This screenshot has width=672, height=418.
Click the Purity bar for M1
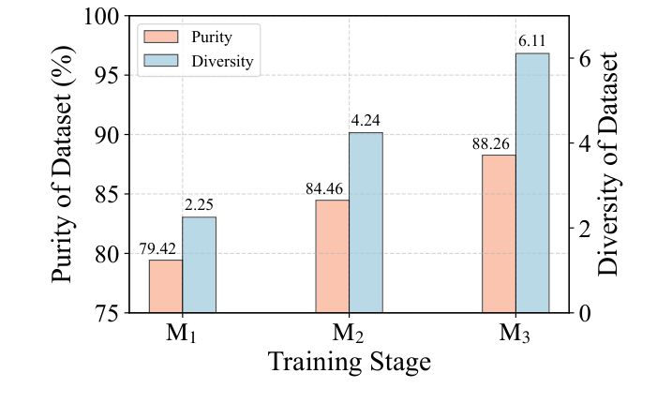point(166,286)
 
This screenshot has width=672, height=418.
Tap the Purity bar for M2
point(332,256)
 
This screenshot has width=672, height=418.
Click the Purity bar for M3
point(499,233)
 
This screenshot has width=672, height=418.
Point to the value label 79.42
point(158,249)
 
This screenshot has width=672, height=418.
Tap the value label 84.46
point(325,189)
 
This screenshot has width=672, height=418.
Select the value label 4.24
point(366,121)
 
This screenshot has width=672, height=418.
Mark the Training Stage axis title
point(349,363)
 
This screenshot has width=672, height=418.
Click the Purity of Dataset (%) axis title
point(63,164)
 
